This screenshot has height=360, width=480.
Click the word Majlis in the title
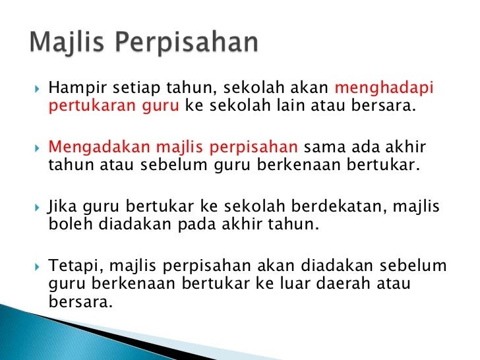[x=67, y=43]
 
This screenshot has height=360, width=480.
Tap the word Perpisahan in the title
[x=187, y=43]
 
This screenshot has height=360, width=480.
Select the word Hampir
[x=77, y=88]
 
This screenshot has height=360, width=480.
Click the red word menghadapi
[x=384, y=88]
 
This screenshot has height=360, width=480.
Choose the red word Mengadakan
[x=99, y=148]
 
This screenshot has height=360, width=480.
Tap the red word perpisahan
[x=253, y=148]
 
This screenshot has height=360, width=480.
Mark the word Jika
[x=62, y=206]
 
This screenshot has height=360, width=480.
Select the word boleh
[x=71, y=224]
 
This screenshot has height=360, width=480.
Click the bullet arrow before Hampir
[x=38, y=89]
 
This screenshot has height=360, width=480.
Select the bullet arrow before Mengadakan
[x=38, y=148]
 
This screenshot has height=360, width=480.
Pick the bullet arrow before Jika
[x=38, y=208]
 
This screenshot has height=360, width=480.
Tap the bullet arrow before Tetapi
[x=38, y=267]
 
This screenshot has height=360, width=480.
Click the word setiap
[x=136, y=88]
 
